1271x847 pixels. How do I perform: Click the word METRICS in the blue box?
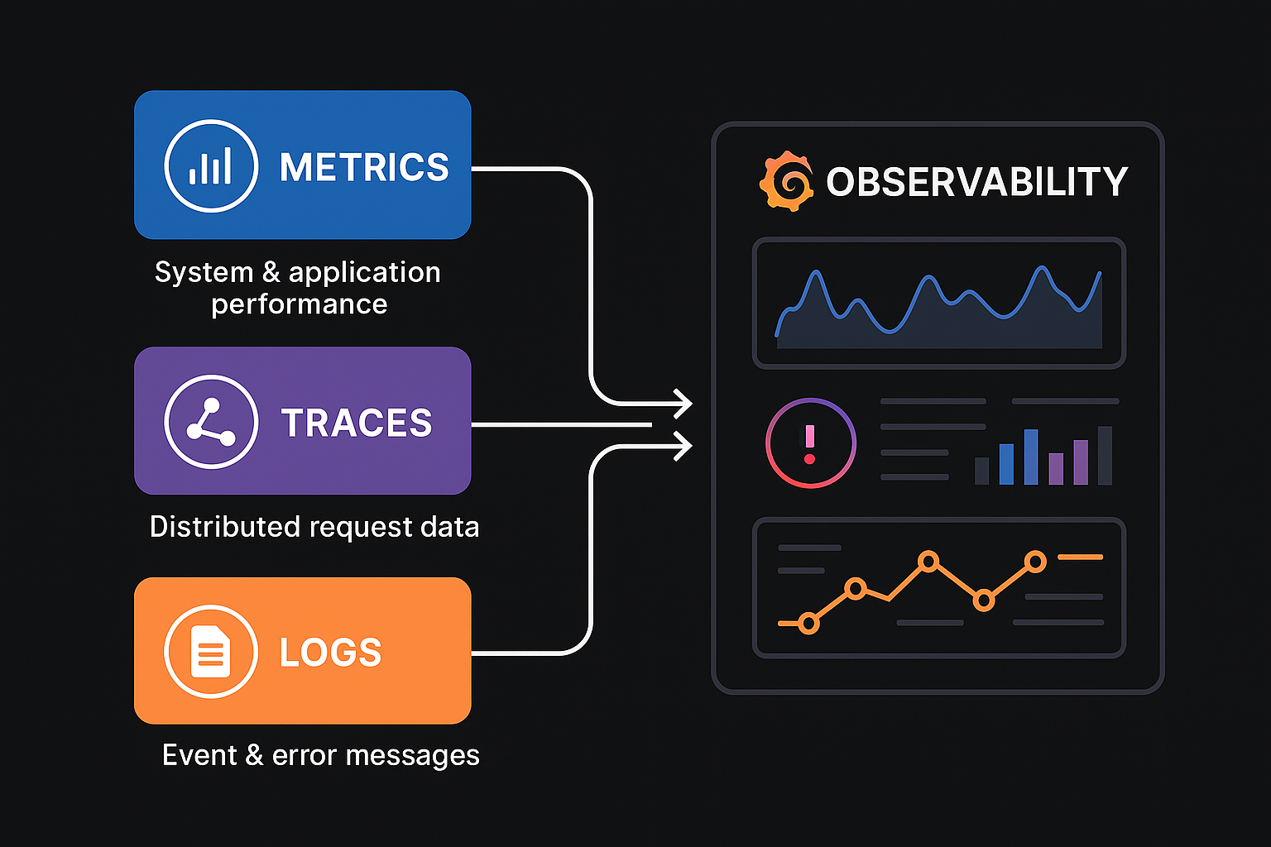click(364, 167)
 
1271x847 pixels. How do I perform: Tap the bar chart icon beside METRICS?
click(211, 165)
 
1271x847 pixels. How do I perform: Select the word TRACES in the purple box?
click(357, 423)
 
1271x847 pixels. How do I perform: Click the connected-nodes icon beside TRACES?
click(211, 422)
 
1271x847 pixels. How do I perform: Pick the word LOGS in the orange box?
click(330, 652)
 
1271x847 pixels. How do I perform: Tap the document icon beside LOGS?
click(211, 651)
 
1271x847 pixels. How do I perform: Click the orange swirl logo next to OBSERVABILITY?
click(786, 181)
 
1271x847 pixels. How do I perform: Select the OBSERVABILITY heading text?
click(976, 181)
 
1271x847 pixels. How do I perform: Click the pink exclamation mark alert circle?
click(810, 443)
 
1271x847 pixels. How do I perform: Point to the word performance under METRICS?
click(300, 304)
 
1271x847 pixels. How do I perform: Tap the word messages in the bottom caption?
click(413, 756)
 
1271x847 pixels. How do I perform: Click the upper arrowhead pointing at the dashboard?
click(683, 404)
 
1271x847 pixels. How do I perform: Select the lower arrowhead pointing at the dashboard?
click(683, 446)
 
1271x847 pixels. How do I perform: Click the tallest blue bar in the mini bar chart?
click(1031, 457)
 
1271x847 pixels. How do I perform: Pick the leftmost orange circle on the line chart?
click(808, 624)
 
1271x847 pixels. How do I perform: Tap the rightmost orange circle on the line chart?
click(1035, 562)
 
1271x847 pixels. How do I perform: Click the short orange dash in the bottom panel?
click(1081, 557)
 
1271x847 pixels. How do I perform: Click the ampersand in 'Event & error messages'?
click(254, 755)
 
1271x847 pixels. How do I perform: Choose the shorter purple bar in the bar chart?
click(1056, 469)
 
